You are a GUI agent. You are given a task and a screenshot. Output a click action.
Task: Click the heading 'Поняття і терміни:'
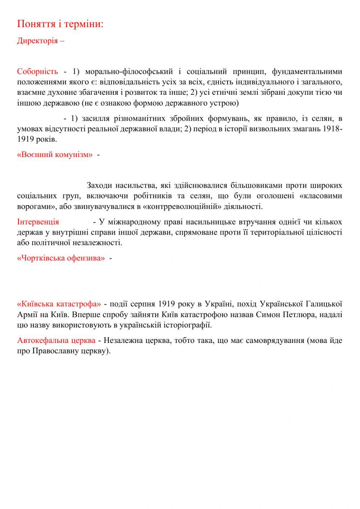click(60, 24)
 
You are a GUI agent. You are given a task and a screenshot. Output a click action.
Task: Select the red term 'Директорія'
click(37, 40)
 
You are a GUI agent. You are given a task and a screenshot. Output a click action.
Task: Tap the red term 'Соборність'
click(37, 72)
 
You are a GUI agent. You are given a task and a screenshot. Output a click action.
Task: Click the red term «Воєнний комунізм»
click(55, 155)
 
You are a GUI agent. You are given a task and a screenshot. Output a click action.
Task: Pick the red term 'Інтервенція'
click(38, 222)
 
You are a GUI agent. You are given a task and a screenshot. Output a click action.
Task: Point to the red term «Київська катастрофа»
click(59, 303)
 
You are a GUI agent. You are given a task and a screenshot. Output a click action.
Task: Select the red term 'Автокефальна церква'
click(56, 340)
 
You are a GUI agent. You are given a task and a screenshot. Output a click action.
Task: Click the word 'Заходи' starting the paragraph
click(99, 186)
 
